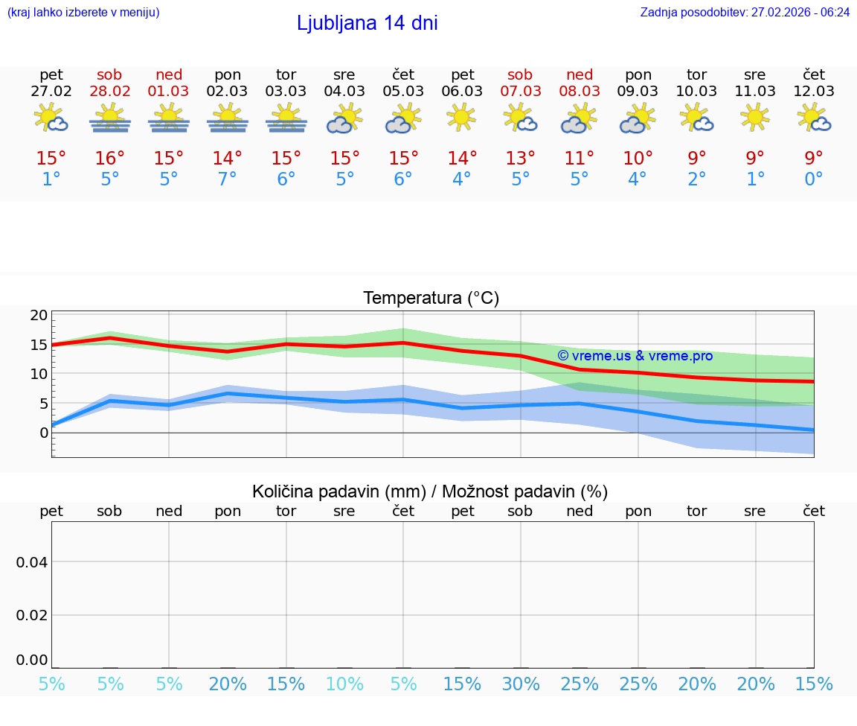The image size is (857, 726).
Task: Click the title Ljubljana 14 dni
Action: coord(367,23)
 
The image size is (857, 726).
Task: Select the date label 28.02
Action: coord(110,91)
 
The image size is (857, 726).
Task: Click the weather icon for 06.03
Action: coord(461,117)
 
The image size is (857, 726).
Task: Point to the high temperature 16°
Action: coord(110,159)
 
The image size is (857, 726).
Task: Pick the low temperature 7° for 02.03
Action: coord(228,179)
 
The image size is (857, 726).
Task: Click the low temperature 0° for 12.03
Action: coord(814,179)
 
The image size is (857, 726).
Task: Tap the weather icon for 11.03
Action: coord(755,117)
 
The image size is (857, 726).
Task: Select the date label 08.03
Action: coord(579,91)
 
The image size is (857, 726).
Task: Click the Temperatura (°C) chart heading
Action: coord(431,298)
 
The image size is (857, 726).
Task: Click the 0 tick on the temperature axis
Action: coord(44,433)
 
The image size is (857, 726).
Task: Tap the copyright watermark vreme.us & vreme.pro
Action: coord(635,356)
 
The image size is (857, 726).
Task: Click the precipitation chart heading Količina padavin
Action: coord(430,491)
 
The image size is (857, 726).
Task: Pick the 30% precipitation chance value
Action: coord(520,684)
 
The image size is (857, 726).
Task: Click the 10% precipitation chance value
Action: coord(344,684)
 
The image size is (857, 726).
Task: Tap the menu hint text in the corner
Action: coord(83,12)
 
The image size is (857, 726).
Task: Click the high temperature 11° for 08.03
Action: coord(579,159)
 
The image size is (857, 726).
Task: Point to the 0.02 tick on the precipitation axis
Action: coord(32,614)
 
